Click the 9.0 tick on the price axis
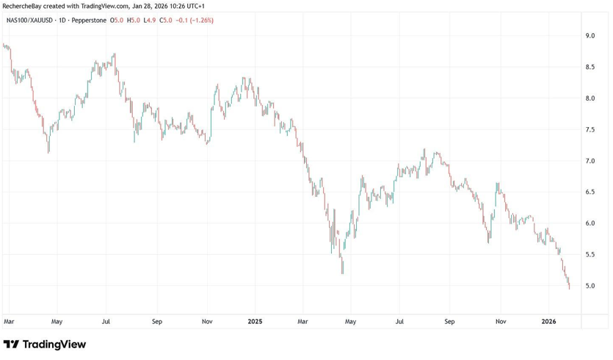point(590,35)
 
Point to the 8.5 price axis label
point(590,67)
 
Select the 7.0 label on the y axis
point(590,160)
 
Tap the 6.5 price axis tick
point(590,192)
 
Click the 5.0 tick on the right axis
point(590,285)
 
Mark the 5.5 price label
point(590,254)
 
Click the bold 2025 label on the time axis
point(255,321)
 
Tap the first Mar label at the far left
point(9,321)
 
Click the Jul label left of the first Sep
point(106,321)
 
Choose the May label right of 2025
point(351,321)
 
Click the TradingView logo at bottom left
point(45,344)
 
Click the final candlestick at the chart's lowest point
point(569,285)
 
